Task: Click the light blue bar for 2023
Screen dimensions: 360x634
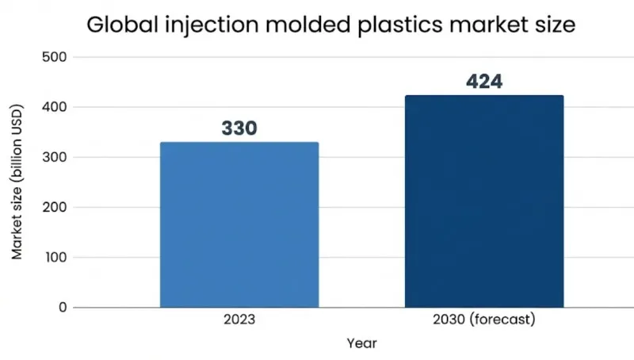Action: click(239, 224)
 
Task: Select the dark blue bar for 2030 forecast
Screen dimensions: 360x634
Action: click(484, 201)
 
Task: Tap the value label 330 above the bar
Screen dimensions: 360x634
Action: click(239, 128)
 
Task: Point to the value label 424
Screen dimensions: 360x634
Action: click(484, 81)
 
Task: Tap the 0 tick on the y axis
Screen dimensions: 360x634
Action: click(63, 307)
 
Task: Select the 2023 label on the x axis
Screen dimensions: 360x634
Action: click(239, 321)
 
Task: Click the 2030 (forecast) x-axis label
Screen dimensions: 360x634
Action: click(484, 321)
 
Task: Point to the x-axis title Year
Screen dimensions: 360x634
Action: click(361, 343)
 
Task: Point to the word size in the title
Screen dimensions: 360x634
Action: click(556, 25)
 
